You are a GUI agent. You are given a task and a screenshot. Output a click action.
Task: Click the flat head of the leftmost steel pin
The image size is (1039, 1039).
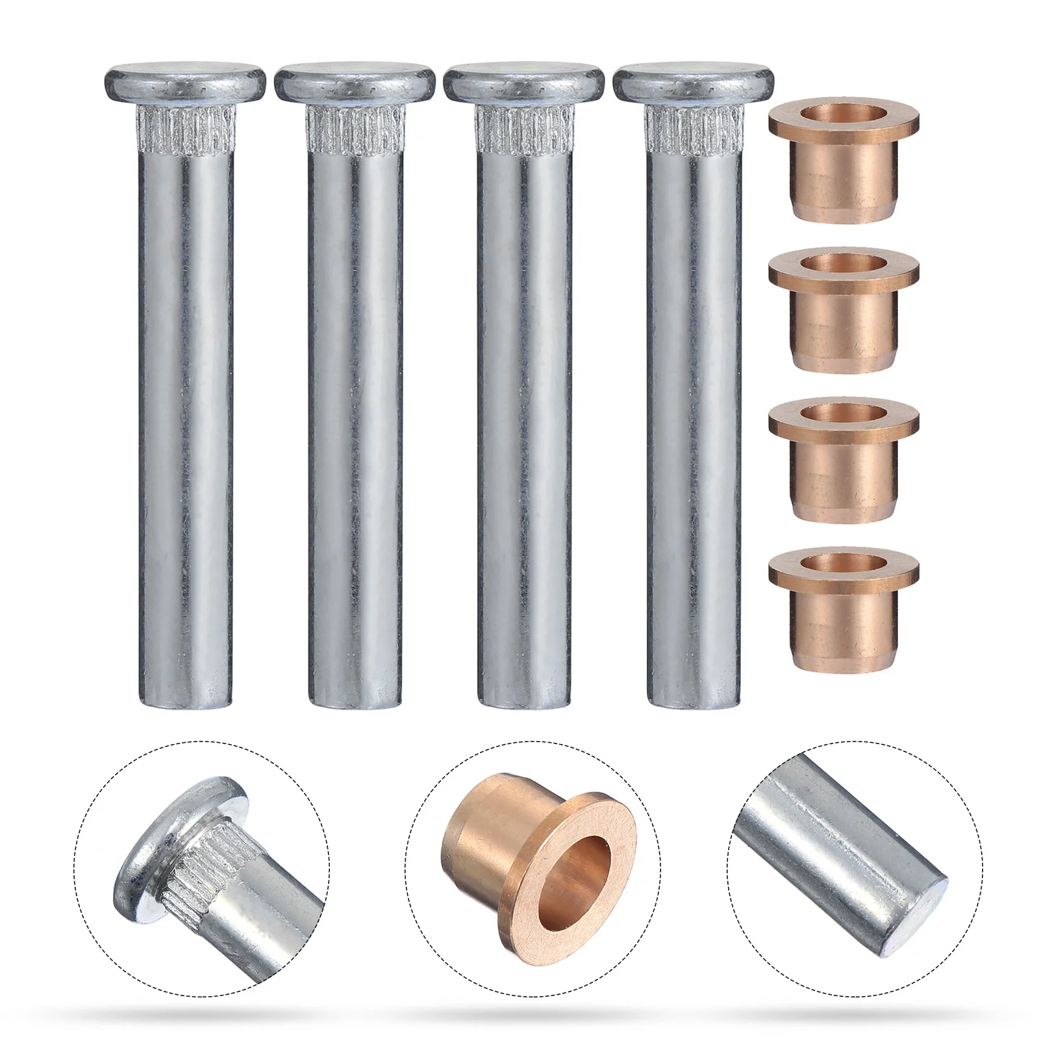tap(185, 83)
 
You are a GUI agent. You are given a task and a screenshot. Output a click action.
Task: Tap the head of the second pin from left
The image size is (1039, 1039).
tap(355, 83)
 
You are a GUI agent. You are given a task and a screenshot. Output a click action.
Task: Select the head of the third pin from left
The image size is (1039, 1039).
tap(524, 83)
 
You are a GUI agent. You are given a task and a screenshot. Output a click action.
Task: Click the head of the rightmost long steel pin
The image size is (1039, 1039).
tap(694, 83)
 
